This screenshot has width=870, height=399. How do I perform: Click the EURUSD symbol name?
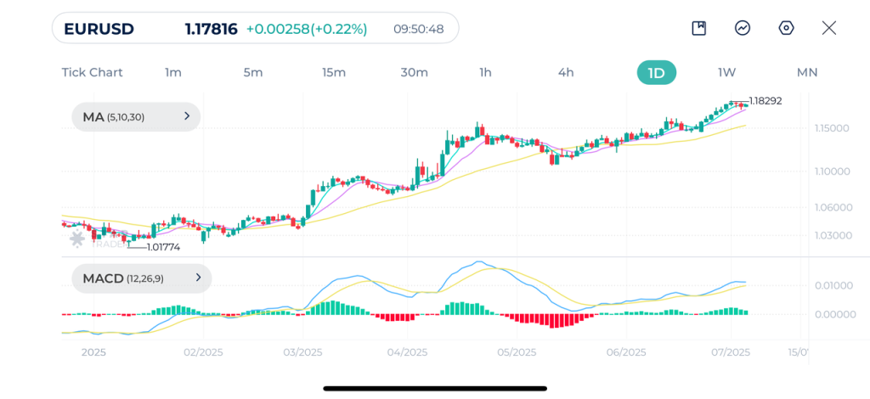point(99,29)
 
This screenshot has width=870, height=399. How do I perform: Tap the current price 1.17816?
point(211,29)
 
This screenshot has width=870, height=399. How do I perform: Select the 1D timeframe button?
point(656,72)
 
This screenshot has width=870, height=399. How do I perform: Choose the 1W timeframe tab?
point(726,72)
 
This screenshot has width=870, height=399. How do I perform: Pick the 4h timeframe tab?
point(566,72)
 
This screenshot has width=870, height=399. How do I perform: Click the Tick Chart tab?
point(92,72)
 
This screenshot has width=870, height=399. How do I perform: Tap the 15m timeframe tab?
point(334,72)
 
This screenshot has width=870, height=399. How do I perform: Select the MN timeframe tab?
point(806,72)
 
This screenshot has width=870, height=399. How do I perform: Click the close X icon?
point(829,28)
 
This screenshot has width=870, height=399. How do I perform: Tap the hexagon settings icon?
point(786,28)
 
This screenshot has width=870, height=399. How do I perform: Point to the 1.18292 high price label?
point(765,100)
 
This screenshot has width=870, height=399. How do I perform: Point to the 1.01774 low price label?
point(163,247)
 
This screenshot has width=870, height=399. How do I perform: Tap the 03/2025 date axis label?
point(302,352)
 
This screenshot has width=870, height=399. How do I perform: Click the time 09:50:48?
point(418,29)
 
